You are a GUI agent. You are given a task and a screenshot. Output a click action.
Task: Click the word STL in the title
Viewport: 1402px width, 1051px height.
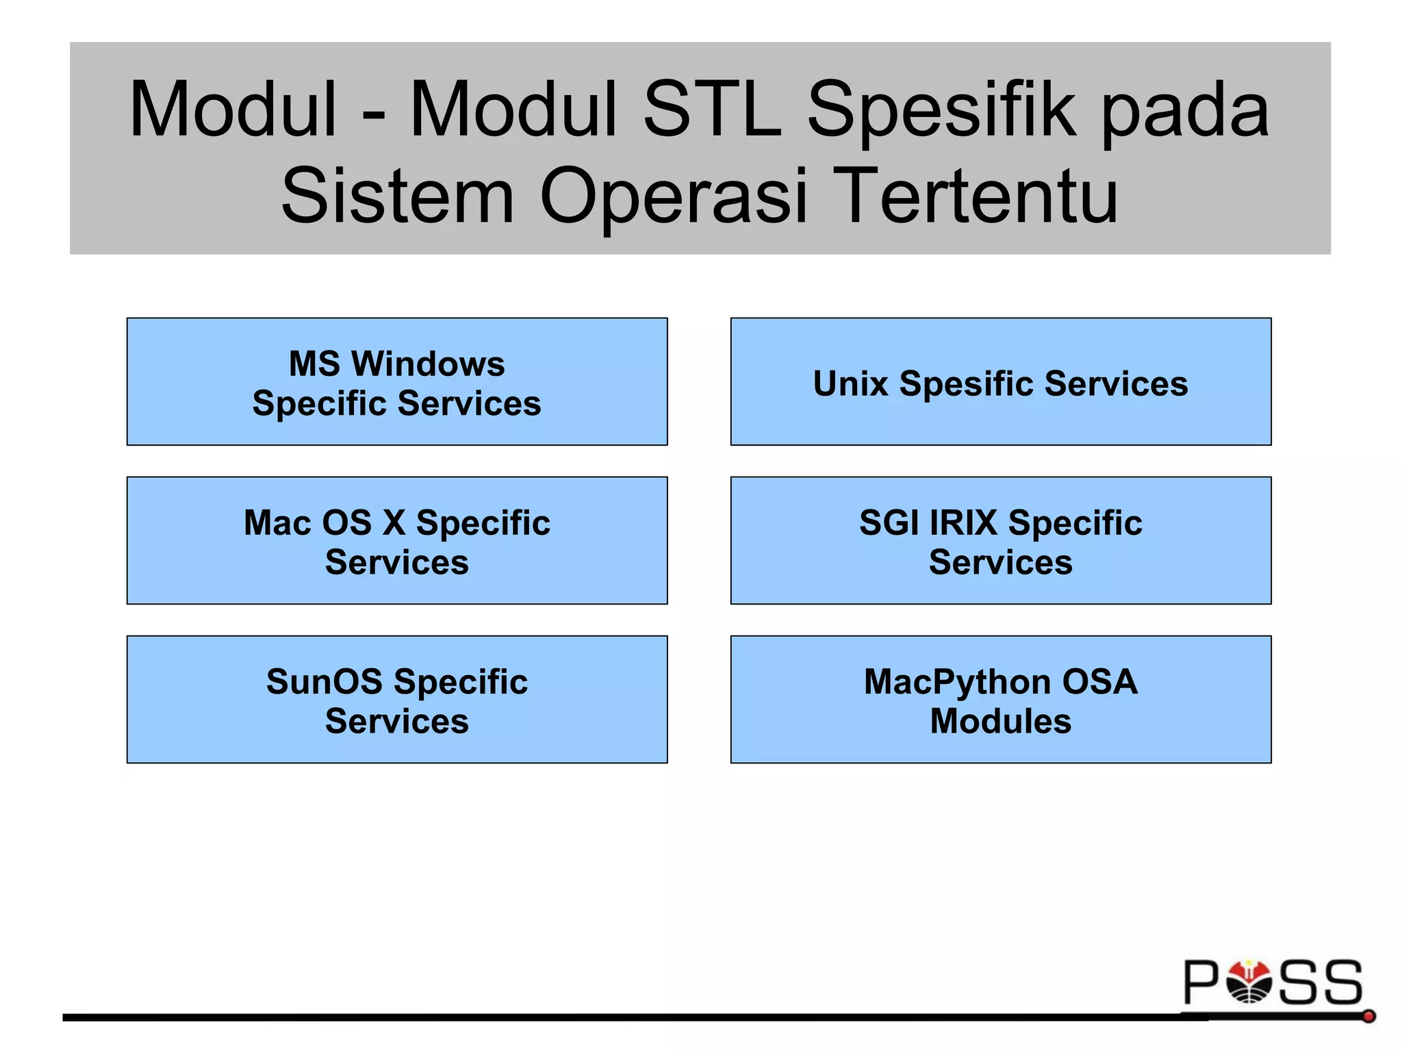(x=712, y=110)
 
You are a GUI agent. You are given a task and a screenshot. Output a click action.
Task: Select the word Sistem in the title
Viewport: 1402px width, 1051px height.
(x=397, y=197)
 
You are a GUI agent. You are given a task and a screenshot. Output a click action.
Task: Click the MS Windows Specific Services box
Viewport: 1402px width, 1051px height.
(x=397, y=381)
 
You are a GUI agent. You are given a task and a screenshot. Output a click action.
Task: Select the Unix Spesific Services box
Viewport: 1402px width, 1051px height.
(x=1000, y=381)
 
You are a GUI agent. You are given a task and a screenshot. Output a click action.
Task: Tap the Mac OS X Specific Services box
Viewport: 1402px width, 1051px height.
(x=397, y=540)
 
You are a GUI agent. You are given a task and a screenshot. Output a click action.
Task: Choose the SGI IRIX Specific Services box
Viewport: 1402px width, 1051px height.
(x=1000, y=540)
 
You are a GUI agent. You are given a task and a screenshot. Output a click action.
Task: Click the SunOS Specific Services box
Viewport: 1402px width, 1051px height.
(x=397, y=699)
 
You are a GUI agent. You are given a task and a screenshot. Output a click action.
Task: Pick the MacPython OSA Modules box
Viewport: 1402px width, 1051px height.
(x=1000, y=699)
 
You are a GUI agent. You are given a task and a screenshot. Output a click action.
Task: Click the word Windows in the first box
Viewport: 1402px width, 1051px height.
(x=428, y=364)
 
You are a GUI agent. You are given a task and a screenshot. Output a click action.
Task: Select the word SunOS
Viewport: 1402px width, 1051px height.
(x=324, y=682)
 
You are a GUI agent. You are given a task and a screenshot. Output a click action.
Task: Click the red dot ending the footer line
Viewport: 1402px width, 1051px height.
(x=1368, y=1017)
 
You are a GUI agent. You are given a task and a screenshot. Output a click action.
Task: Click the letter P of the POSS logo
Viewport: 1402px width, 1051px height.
(x=1202, y=982)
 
